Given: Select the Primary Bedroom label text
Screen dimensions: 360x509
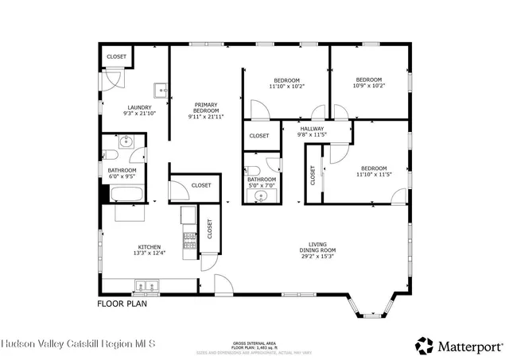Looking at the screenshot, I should click(x=205, y=110).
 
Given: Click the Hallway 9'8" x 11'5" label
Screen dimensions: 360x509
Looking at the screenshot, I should click(x=312, y=131).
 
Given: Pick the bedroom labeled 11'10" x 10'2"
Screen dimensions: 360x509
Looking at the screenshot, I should click(x=287, y=83).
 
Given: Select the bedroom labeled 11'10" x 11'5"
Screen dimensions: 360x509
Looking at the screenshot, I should click(x=374, y=172).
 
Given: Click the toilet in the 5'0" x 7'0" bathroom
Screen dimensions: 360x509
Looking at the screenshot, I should click(x=253, y=169).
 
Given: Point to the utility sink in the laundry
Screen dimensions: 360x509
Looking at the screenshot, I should click(x=161, y=89).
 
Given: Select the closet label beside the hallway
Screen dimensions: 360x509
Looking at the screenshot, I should click(x=259, y=136).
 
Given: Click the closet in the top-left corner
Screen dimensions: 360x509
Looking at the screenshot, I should click(x=117, y=57).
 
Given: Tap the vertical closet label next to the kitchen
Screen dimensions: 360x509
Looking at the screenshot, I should click(x=210, y=230).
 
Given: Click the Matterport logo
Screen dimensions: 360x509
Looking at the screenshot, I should click(x=459, y=345).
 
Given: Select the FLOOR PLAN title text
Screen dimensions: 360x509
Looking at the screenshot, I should click(x=122, y=303).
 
